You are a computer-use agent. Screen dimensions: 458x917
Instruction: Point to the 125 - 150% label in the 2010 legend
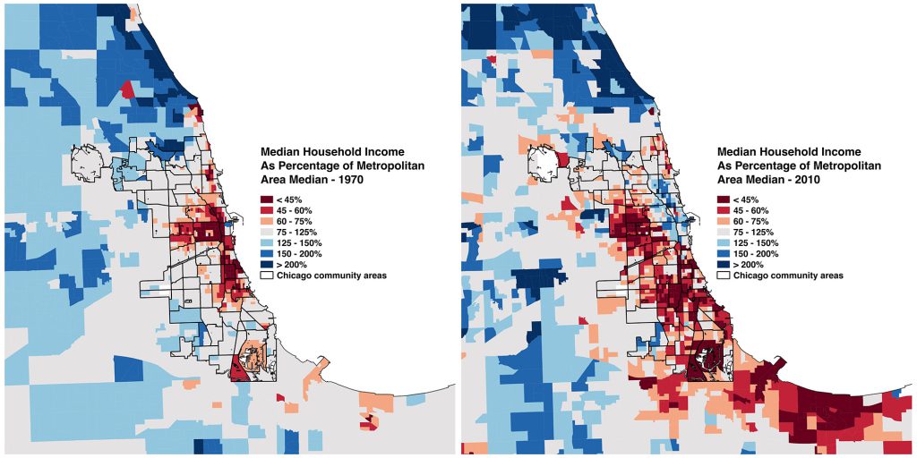click(x=754, y=242)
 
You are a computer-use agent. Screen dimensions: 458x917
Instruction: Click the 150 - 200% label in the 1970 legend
click(x=297, y=254)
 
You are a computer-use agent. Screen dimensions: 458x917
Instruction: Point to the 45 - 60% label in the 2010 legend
click(x=751, y=210)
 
